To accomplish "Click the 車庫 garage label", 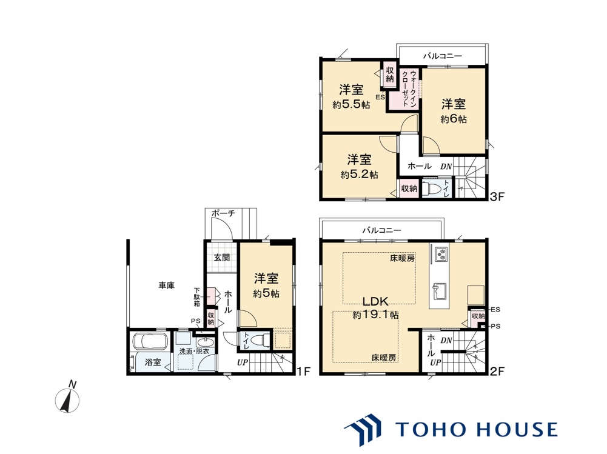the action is coord(167,285).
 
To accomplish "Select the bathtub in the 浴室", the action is coord(150,341).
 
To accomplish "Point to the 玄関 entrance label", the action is coord(222,258).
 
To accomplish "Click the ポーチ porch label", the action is coord(223,213).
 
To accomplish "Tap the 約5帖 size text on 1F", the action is coord(266,294).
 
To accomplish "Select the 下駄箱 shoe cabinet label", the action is coord(197,297).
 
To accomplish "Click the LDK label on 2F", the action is coord(375,301).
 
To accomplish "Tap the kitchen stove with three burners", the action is coord(441,254).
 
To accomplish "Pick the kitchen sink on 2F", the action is coord(440,291).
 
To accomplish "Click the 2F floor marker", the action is coord(498,372).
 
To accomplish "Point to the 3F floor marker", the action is coord(497,197).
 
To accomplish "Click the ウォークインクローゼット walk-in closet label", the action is coord(409,89).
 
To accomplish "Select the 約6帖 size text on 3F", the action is coord(454,119).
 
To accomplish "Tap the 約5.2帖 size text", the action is coord(359,175).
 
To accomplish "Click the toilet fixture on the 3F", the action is coord(430,189).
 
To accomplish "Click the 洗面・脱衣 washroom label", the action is coord(194,351).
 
